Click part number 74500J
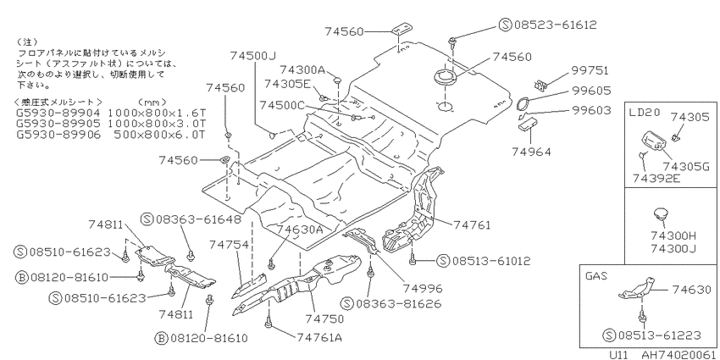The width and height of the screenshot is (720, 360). (x=252, y=56)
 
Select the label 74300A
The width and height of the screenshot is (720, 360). (x=302, y=70)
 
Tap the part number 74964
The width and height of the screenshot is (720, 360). (x=532, y=152)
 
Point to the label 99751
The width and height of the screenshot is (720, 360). (x=590, y=70)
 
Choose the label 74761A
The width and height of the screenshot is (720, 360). (x=319, y=337)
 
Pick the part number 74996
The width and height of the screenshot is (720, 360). (x=423, y=289)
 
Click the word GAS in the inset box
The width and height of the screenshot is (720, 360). (x=596, y=276)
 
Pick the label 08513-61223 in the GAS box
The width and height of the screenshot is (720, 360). (x=660, y=335)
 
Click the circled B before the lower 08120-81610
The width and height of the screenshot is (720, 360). (x=161, y=339)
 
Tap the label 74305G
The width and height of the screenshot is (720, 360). (x=684, y=167)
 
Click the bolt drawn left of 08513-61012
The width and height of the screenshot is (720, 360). (x=413, y=260)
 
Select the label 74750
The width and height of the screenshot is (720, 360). (x=324, y=318)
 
